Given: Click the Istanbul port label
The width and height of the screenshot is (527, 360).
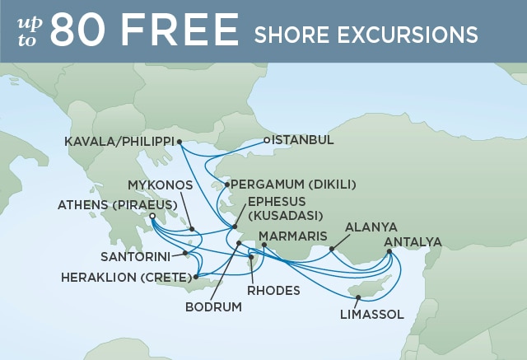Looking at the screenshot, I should (x=303, y=140).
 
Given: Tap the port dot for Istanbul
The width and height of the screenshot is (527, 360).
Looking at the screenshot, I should (x=268, y=140).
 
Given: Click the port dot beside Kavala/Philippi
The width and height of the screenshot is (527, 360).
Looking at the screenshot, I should (x=180, y=142).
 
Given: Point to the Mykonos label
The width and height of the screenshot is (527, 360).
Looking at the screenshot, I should (x=161, y=185).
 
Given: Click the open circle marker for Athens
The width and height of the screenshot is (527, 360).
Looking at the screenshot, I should (x=152, y=217).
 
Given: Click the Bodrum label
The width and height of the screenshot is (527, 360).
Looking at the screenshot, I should (x=214, y=307).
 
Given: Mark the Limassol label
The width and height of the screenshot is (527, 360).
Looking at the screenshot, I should (x=371, y=314).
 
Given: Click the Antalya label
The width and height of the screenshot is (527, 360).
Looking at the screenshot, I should (x=413, y=241).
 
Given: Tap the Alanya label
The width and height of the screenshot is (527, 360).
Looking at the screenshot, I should (x=371, y=227).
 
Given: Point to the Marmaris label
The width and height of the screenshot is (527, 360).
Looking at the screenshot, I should (x=293, y=237).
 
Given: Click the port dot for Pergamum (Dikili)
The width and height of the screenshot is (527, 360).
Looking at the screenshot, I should (x=226, y=185).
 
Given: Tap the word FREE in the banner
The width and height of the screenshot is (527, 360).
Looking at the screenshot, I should (x=182, y=31).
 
